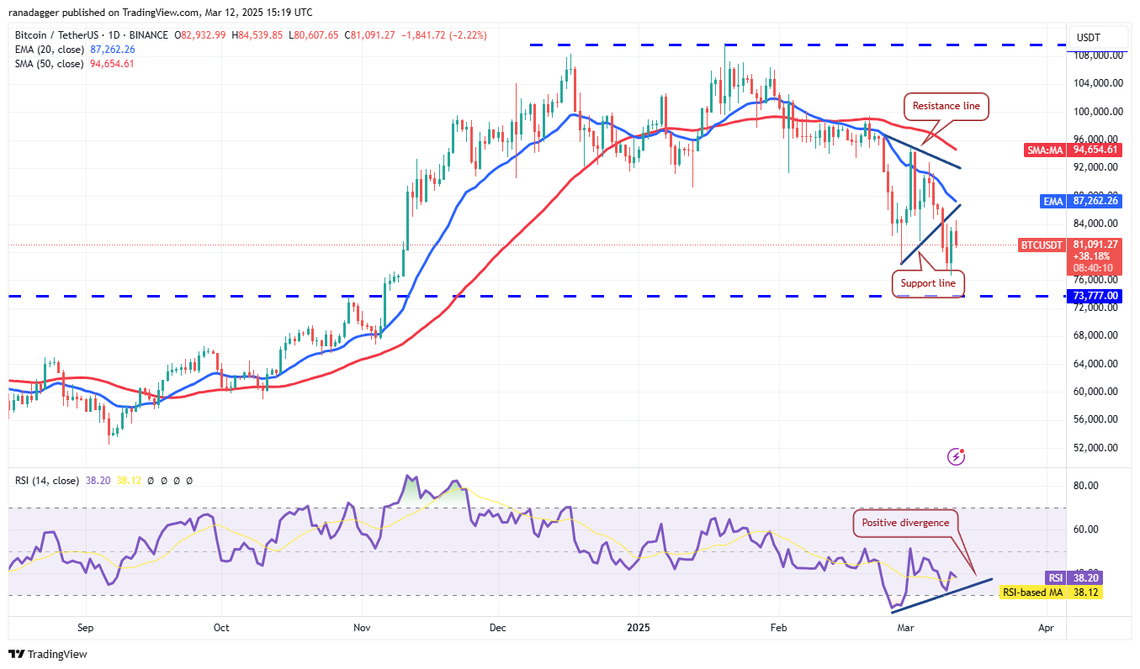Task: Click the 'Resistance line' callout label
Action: tap(946, 107)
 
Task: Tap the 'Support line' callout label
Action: tap(928, 283)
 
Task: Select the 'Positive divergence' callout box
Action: tap(905, 523)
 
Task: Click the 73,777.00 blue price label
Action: tap(1095, 296)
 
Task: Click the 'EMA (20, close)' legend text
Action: tap(49, 50)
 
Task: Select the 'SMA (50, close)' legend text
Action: tap(49, 64)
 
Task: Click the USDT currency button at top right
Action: tap(1089, 37)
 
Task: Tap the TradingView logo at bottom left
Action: tap(48, 654)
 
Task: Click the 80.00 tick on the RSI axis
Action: tap(1086, 486)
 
